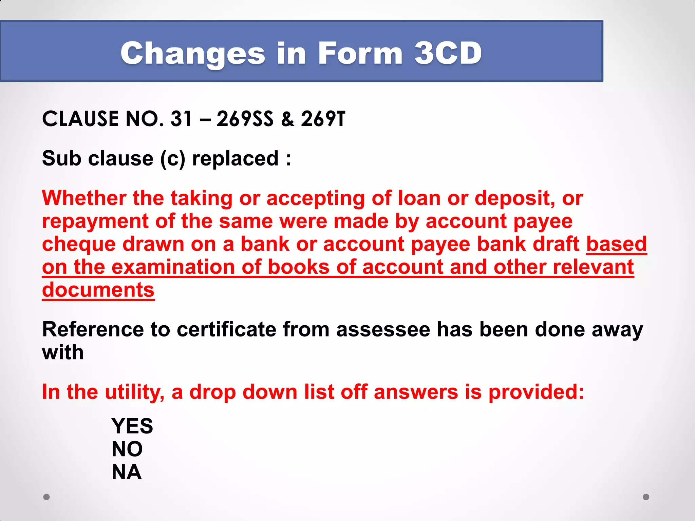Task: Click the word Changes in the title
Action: [193, 54]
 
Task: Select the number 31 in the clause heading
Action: [181, 119]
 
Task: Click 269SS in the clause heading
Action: [245, 119]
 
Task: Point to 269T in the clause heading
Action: [323, 119]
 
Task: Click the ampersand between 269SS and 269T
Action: [287, 119]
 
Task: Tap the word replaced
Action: [236, 158]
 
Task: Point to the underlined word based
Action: [616, 244]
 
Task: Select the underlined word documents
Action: [98, 290]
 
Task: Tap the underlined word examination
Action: [173, 267]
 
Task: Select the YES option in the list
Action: [132, 426]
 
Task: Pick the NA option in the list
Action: [127, 472]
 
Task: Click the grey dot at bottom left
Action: [46, 497]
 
